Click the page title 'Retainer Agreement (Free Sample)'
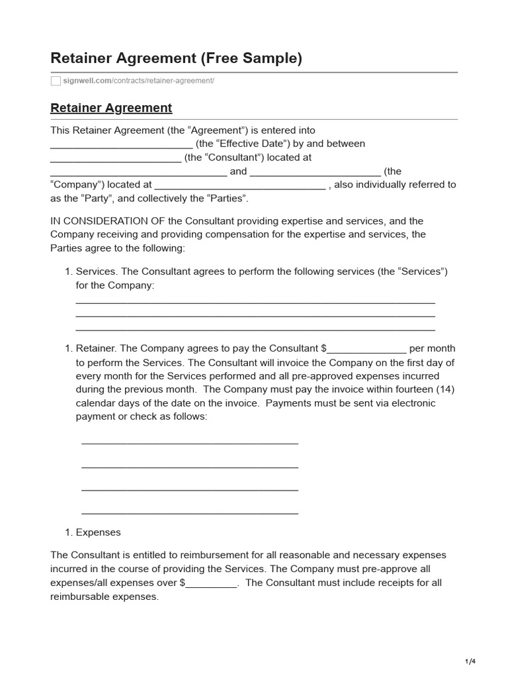(x=176, y=58)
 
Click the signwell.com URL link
(x=138, y=81)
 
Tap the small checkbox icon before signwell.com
(x=56, y=81)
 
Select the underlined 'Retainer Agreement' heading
(x=111, y=108)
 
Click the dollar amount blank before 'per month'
(x=367, y=350)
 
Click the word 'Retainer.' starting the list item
(x=97, y=348)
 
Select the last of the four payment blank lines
(x=190, y=512)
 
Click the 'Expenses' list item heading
(x=99, y=532)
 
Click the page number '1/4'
(x=470, y=661)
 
